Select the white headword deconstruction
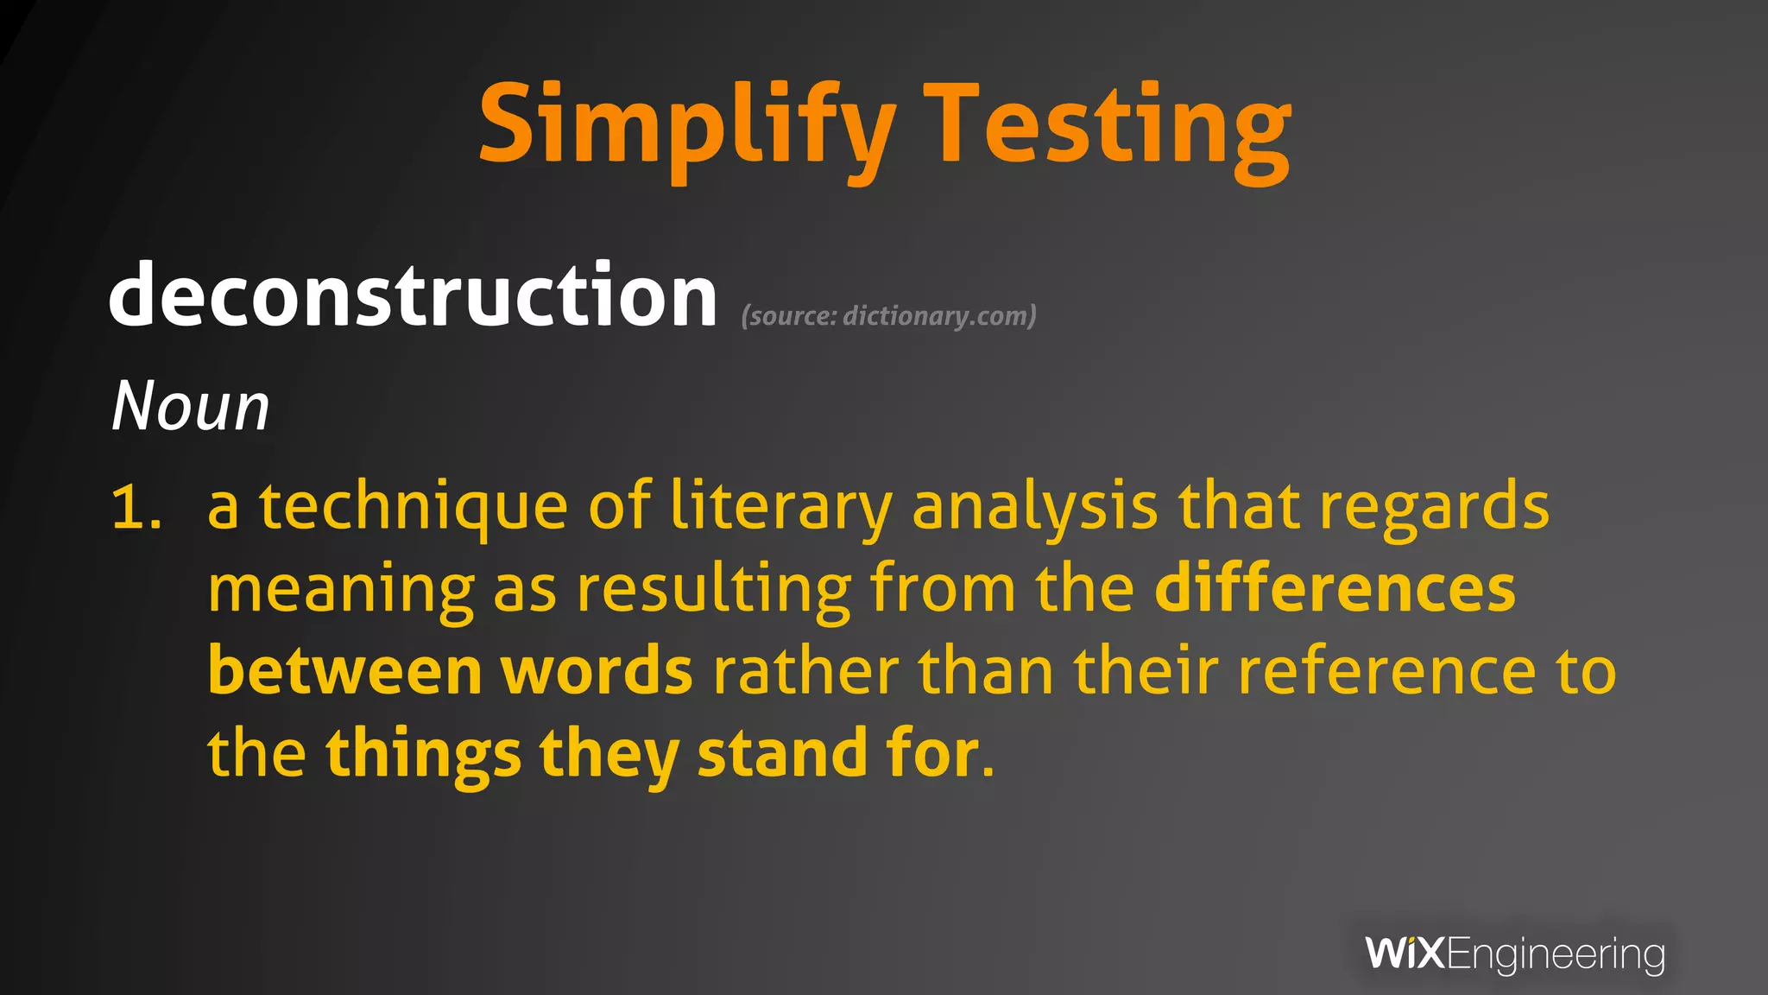tap(413, 295)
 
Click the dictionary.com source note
tap(888, 316)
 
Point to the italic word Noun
tap(191, 406)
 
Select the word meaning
tap(341, 590)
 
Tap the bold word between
tap(344, 671)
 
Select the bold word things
tap(423, 754)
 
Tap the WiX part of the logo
tap(1405, 954)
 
